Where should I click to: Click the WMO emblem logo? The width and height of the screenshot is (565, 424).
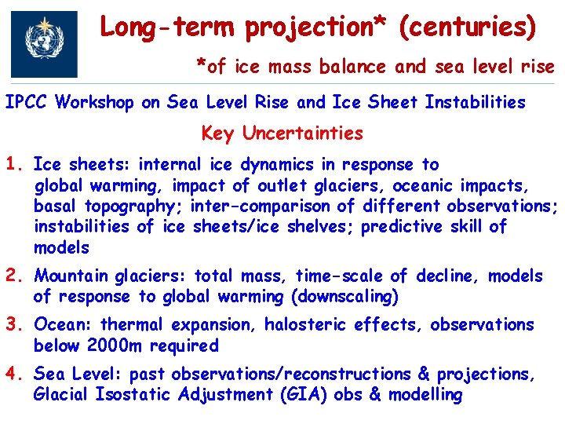44,42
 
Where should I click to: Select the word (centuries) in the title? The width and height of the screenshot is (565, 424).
468,28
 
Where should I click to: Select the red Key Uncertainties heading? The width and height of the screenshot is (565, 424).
282,133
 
